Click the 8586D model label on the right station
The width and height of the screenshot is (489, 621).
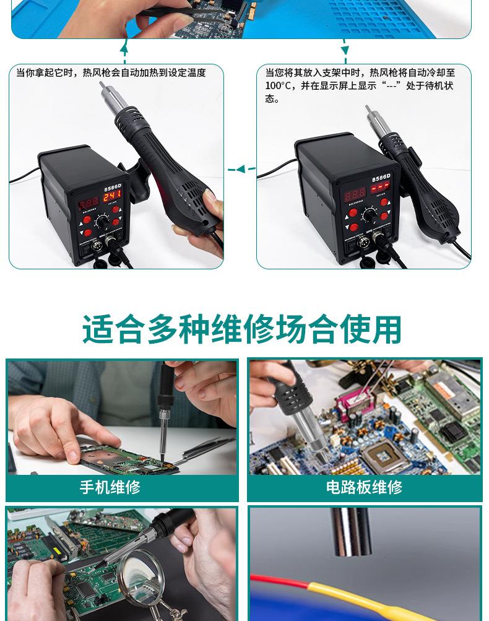click(381, 178)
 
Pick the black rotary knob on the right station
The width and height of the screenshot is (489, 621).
click(370, 215)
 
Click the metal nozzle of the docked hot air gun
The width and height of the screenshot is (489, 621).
click(372, 118)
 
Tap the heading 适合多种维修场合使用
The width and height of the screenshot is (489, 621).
click(242, 329)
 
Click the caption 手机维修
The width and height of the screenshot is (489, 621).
click(110, 487)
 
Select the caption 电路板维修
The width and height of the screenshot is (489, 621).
click(364, 487)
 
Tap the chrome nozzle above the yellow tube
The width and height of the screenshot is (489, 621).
click(350, 532)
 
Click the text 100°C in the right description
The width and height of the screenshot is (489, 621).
click(278, 86)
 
